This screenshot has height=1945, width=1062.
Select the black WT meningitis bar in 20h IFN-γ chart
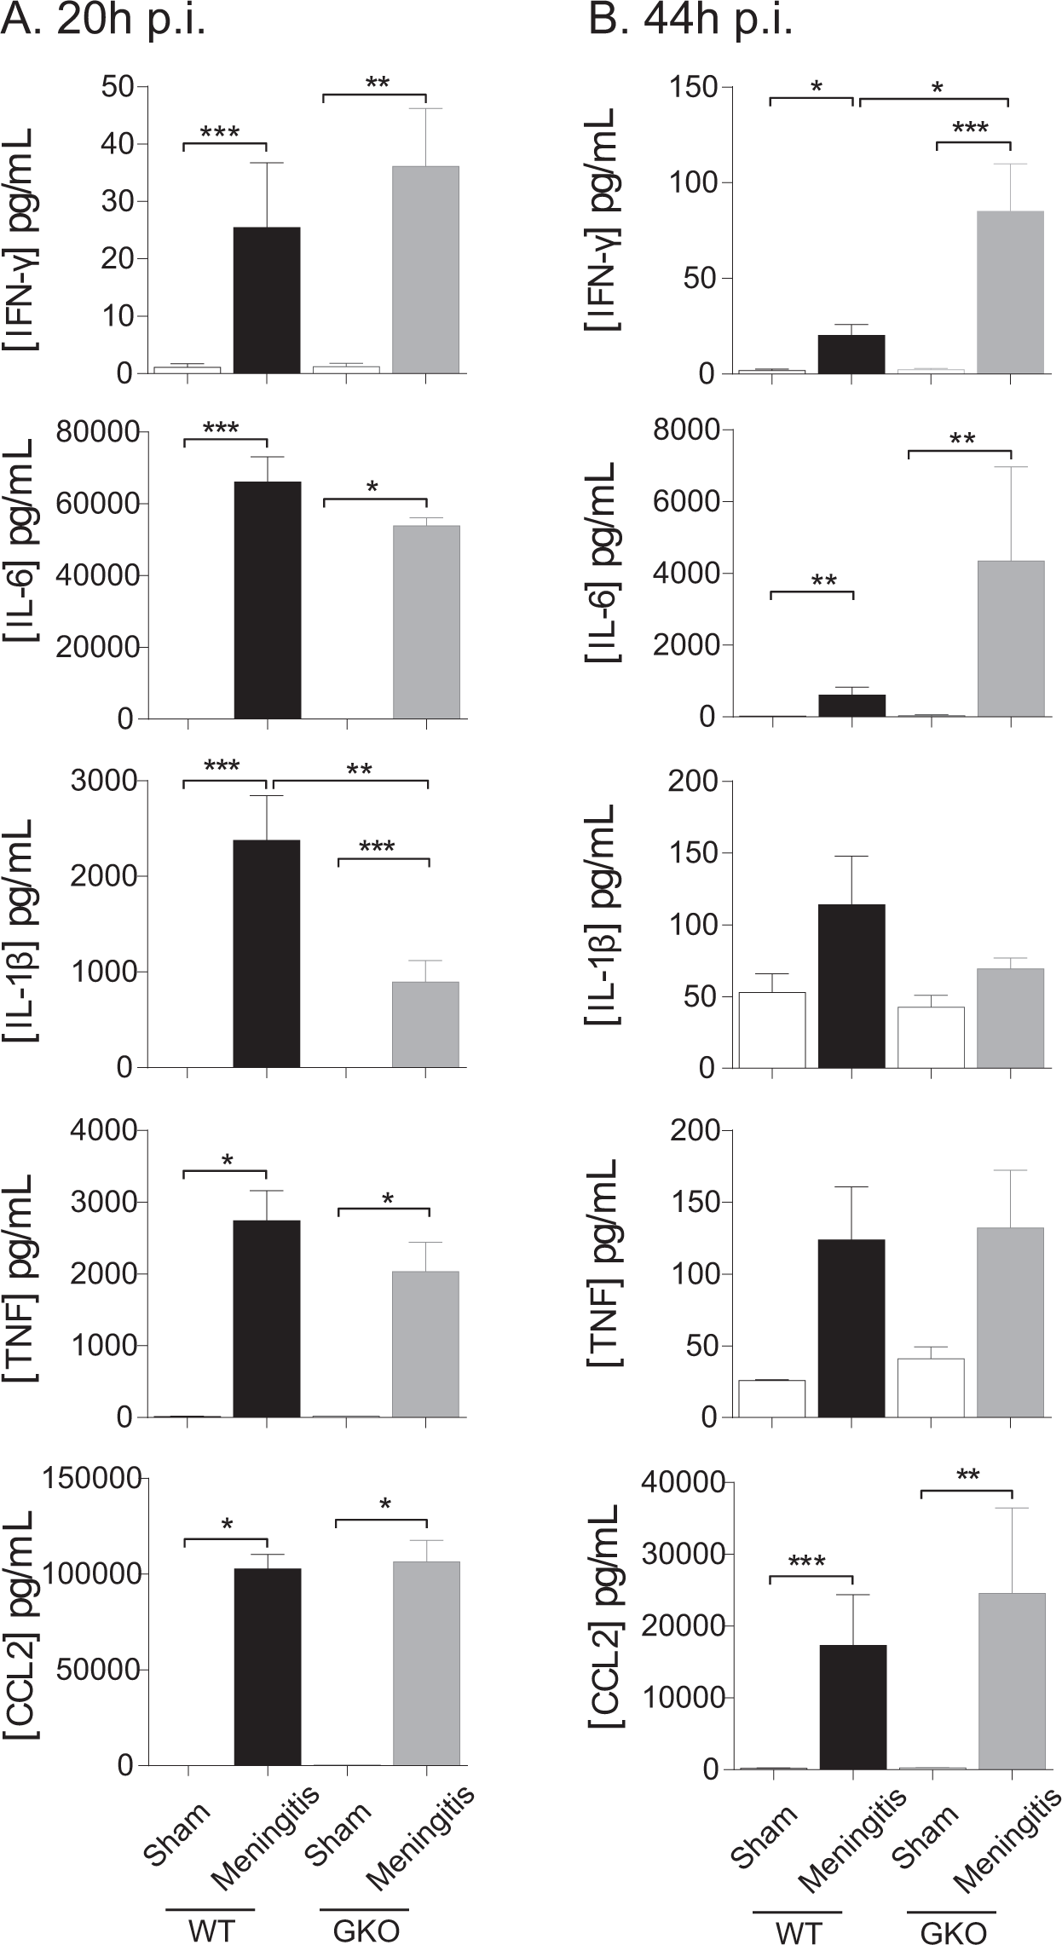(267, 300)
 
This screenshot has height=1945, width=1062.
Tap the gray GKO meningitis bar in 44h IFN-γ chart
(1010, 292)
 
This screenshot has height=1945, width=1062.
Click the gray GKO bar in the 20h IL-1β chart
(426, 1024)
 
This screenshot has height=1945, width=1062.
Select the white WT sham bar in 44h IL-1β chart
(772, 1030)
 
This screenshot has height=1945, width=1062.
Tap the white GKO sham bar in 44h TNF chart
(931, 1388)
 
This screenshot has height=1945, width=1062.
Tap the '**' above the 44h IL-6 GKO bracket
(961, 440)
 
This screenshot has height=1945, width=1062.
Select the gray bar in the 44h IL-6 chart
(1010, 638)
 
